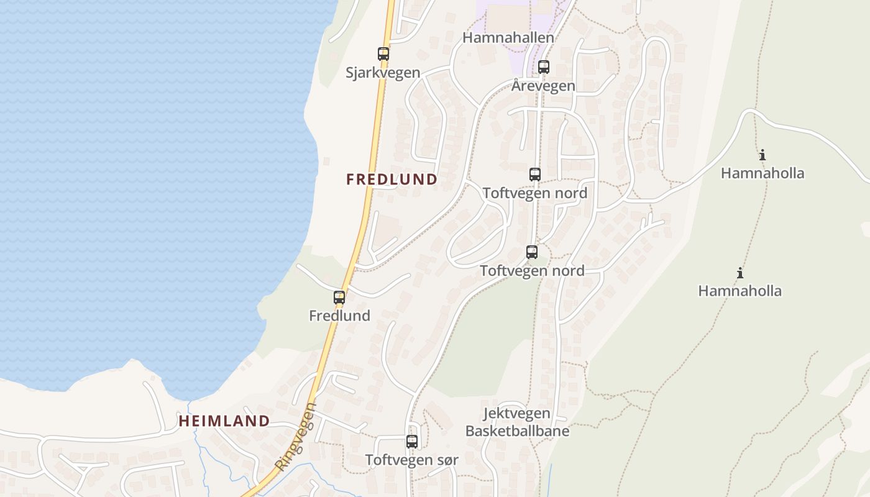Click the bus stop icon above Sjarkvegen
[x=383, y=54]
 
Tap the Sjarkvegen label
[x=383, y=73]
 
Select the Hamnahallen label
[x=508, y=38]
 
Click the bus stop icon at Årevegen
[x=544, y=67]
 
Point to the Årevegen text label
[x=543, y=86]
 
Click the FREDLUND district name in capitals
[x=391, y=180]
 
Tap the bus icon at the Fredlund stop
[x=339, y=298]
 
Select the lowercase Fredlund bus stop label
[x=339, y=316]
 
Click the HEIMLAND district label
[x=224, y=421]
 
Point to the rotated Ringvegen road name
[x=296, y=436]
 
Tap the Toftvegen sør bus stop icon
[x=412, y=442]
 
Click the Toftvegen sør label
[x=411, y=460]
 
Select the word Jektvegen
[x=516, y=414]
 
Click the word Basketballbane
[x=517, y=431]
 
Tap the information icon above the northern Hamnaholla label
[x=762, y=155]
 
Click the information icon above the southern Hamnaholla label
[x=740, y=272]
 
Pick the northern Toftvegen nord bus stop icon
[x=535, y=175]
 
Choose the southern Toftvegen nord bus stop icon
[x=532, y=252]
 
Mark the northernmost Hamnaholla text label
[x=762, y=173]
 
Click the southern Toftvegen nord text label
[x=532, y=271]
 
